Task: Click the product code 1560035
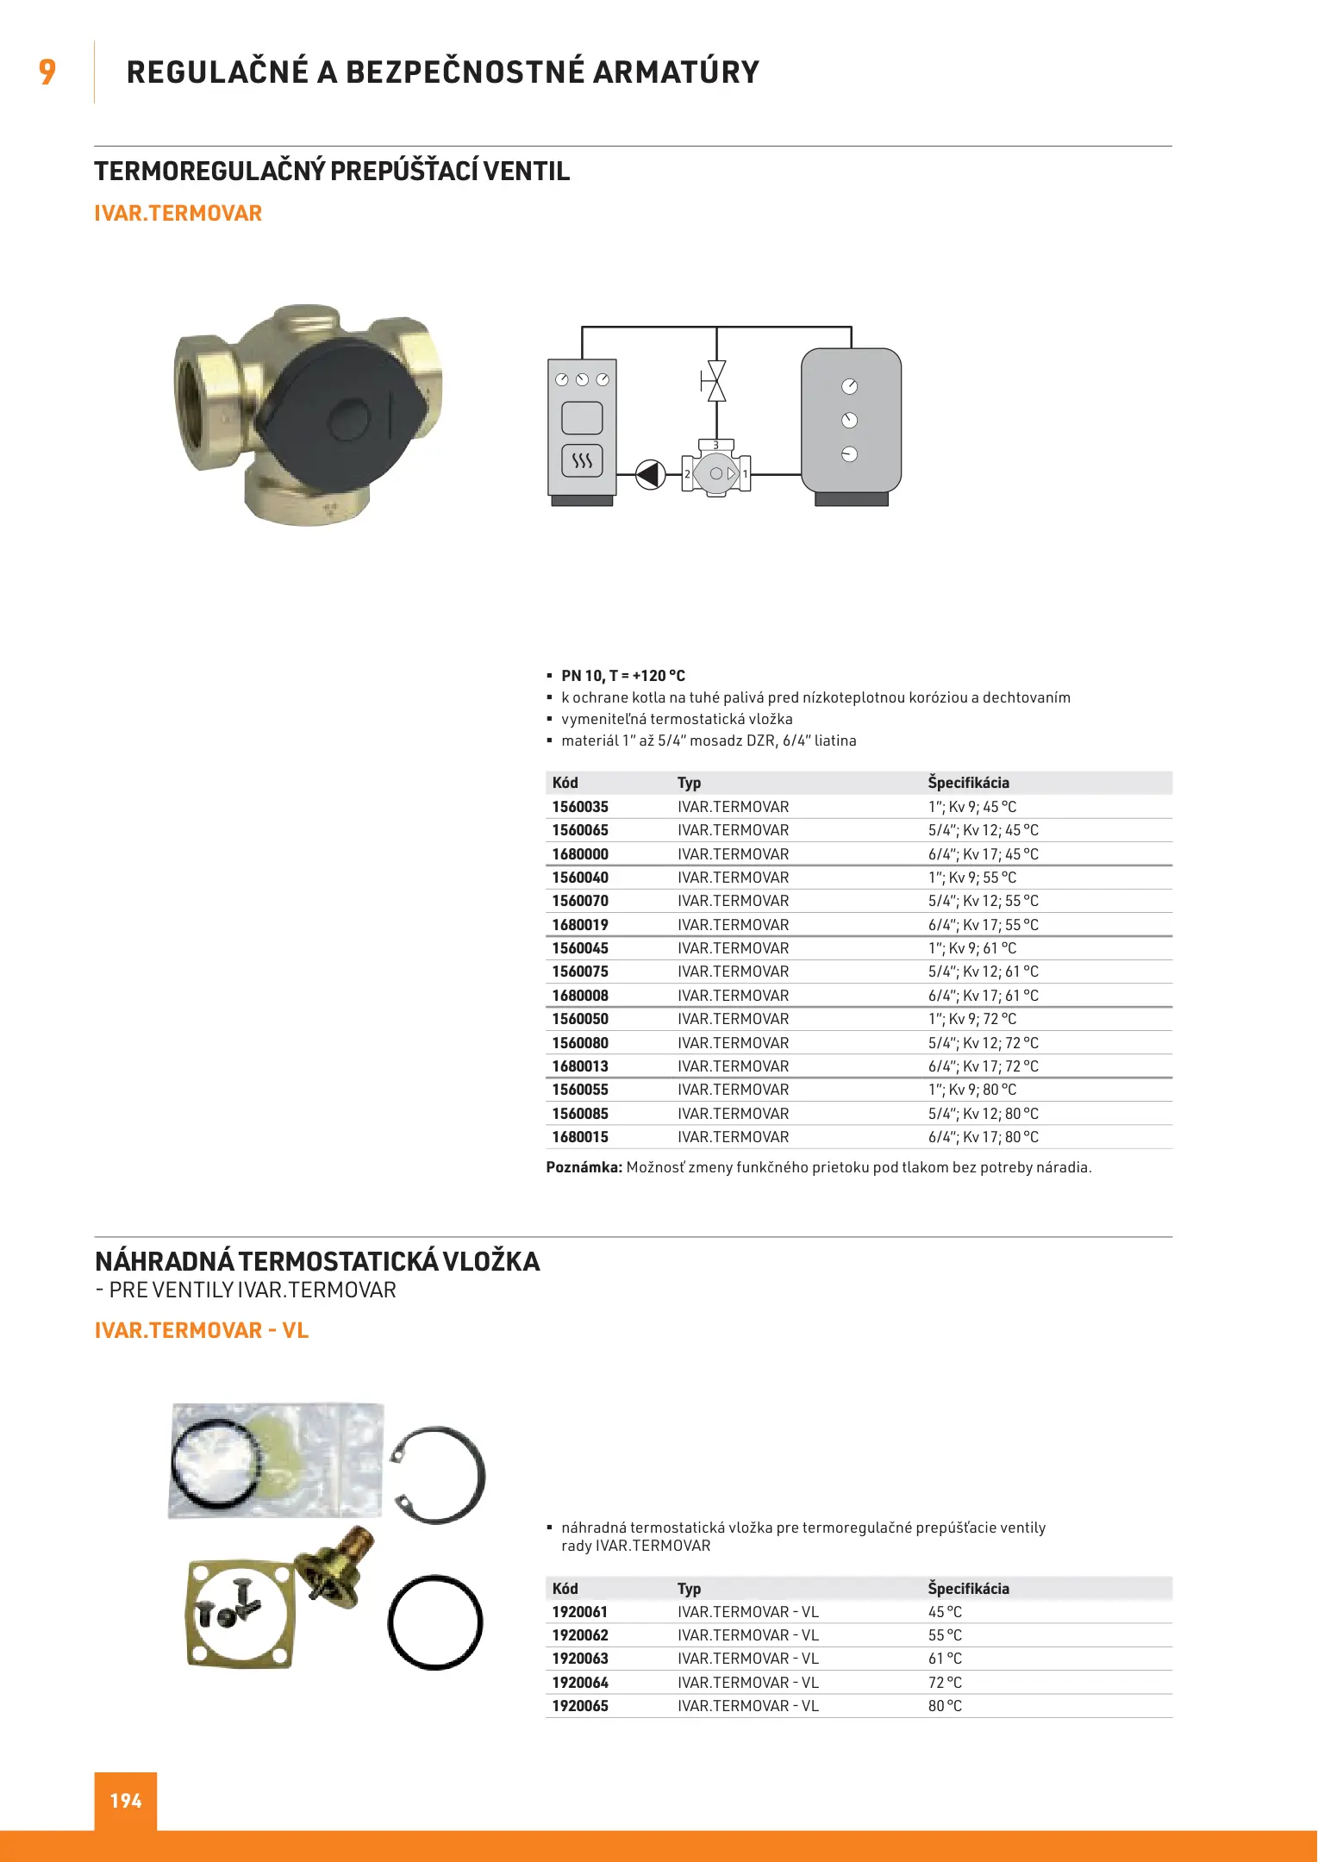pyautogui.click(x=580, y=807)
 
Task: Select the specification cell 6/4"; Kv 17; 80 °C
pyautogui.click(x=983, y=1137)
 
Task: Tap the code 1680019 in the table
pyautogui.click(x=580, y=925)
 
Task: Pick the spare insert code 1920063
pyautogui.click(x=580, y=1659)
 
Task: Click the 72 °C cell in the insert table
pyautogui.click(x=945, y=1683)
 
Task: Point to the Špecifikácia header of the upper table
pyautogui.click(x=968, y=783)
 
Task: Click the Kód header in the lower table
pyautogui.click(x=565, y=1589)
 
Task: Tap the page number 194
pyautogui.click(x=126, y=1801)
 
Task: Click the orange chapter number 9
pyautogui.click(x=47, y=72)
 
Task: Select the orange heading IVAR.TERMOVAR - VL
pyautogui.click(x=202, y=1330)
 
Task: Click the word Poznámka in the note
pyautogui.click(x=584, y=1167)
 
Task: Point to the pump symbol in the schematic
pyautogui.click(x=650, y=474)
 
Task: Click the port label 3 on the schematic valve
pyautogui.click(x=715, y=446)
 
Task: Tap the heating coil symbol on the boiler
pyautogui.click(x=582, y=460)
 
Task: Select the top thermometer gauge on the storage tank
pyautogui.click(x=849, y=387)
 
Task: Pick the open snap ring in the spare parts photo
pyautogui.click(x=440, y=1475)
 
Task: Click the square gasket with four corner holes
pyautogui.click(x=240, y=1612)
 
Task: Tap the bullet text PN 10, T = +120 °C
pyautogui.click(x=623, y=676)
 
